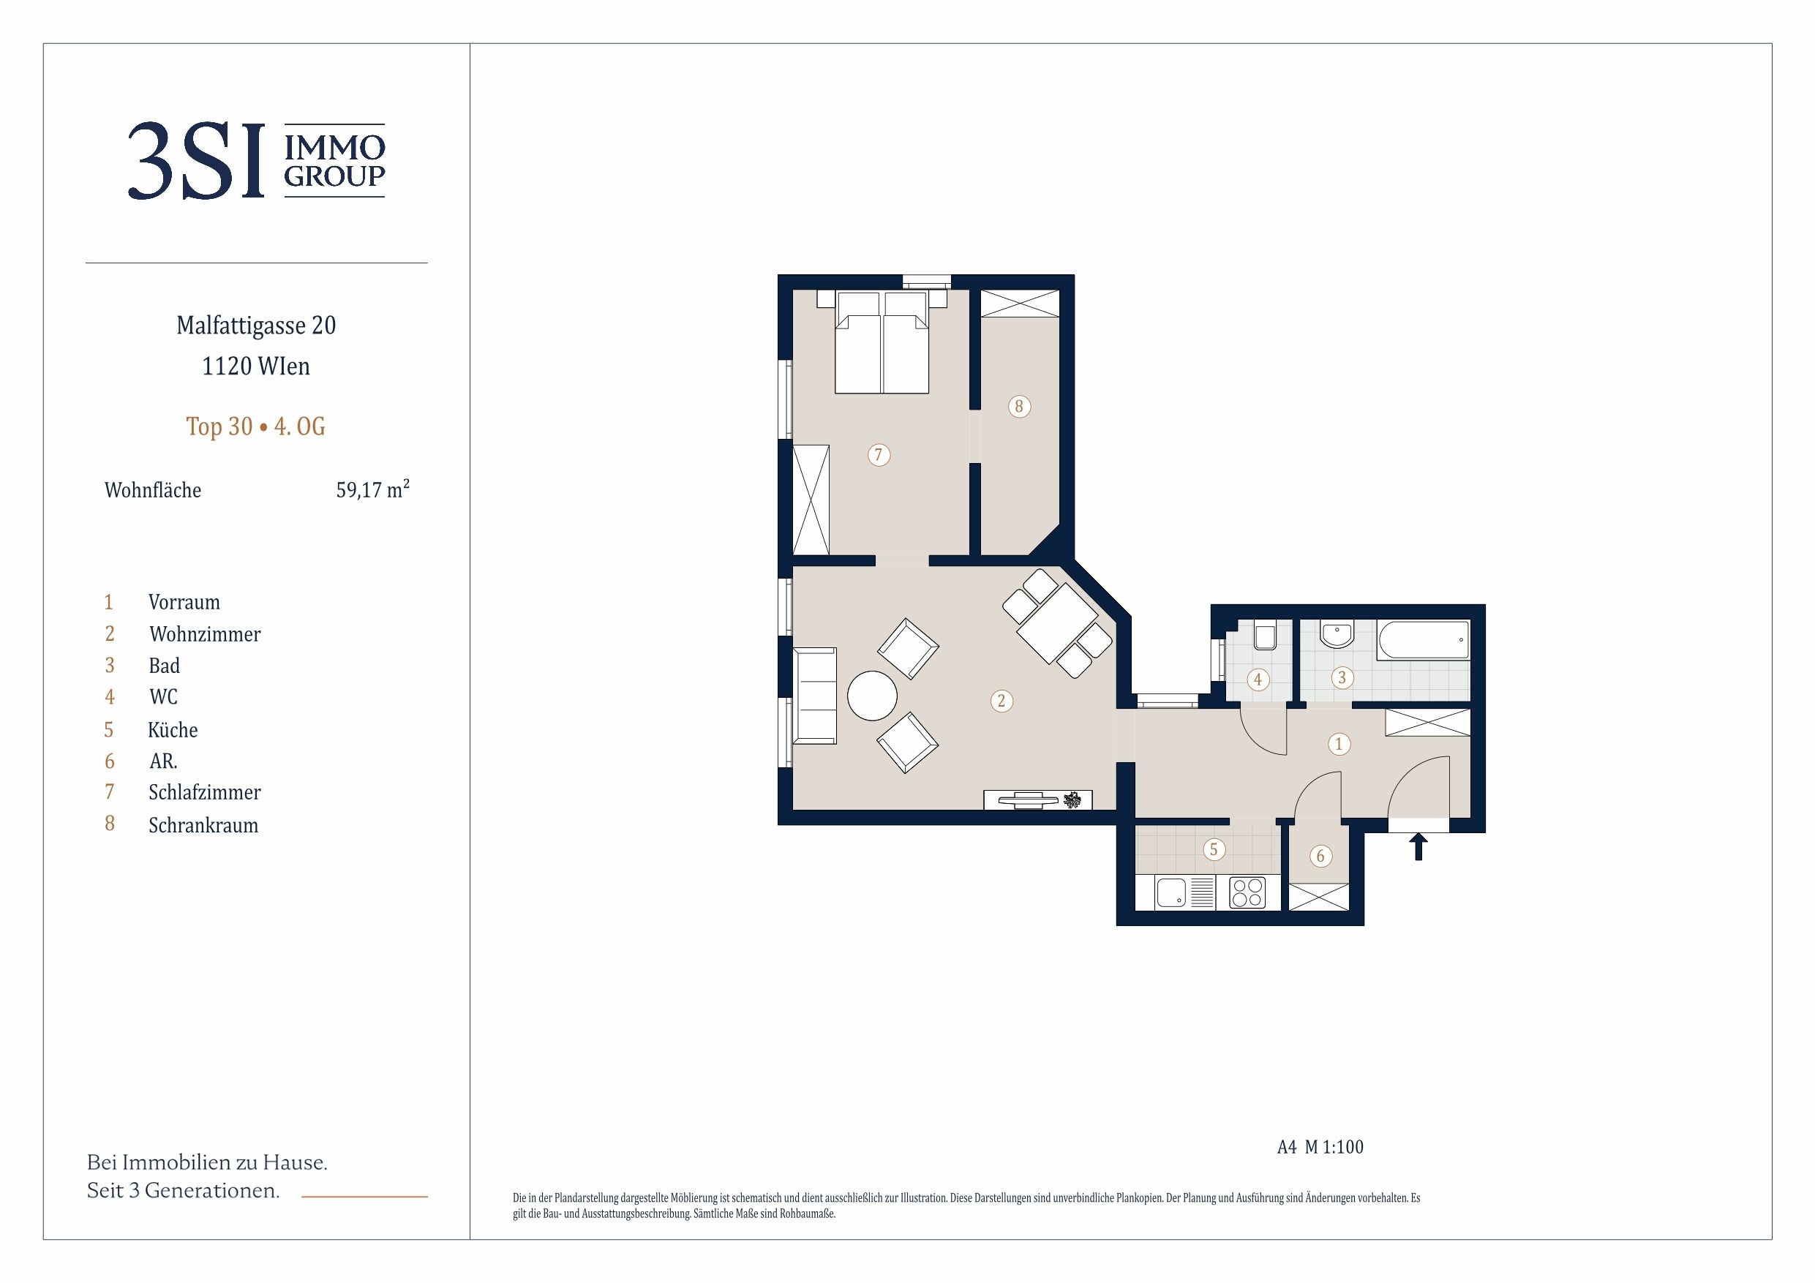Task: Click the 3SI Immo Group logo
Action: (256, 160)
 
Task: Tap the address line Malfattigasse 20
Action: (256, 325)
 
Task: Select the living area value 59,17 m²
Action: (372, 489)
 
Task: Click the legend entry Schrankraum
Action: (203, 825)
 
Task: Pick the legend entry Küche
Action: (173, 729)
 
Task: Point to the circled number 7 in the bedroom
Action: (879, 454)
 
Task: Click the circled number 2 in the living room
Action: (1002, 701)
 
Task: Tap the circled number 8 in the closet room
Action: (1019, 406)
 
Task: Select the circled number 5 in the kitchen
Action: (1214, 850)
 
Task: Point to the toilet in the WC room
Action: (1265, 636)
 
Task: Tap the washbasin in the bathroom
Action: (1337, 633)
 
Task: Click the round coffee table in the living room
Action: (872, 696)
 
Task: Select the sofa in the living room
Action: (815, 696)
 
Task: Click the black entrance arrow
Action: (1418, 846)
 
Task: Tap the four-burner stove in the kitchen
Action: (1247, 892)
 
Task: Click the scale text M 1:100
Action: (1334, 1147)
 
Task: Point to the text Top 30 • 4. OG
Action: (255, 427)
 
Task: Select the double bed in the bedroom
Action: (882, 342)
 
